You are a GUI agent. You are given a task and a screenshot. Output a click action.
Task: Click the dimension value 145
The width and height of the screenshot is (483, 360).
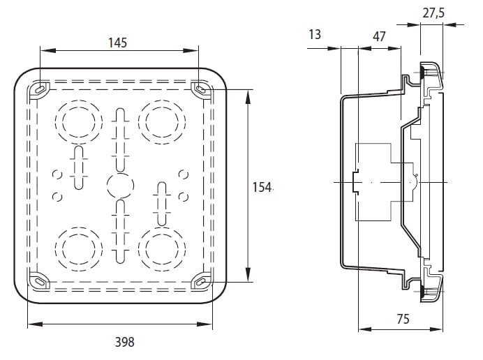(117, 43)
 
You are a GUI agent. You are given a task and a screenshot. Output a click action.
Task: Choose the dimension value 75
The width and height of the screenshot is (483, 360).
(402, 319)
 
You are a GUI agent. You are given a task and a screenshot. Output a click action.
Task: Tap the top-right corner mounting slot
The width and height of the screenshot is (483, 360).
(201, 89)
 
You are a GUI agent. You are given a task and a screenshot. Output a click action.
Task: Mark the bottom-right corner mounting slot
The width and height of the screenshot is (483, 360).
(201, 280)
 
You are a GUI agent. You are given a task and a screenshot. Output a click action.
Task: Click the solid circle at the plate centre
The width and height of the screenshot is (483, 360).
(119, 186)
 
